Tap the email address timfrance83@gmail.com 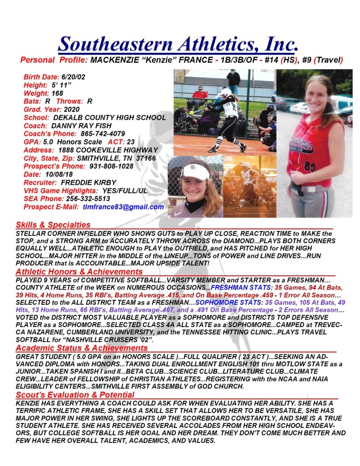123,207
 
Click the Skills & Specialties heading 53,224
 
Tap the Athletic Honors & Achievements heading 78,271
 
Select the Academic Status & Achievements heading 81,348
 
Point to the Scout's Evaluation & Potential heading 75,395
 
